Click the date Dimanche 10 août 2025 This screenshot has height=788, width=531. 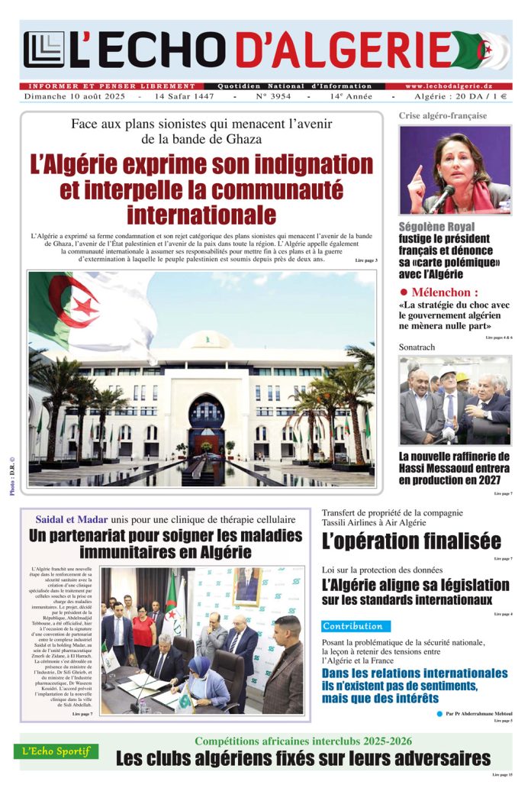coord(74,97)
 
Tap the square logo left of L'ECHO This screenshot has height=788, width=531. coord(43,50)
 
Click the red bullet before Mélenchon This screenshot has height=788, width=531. coord(404,292)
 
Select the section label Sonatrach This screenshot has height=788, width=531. coord(417,347)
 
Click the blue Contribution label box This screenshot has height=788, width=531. coord(356,626)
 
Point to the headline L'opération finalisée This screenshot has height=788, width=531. coord(411,541)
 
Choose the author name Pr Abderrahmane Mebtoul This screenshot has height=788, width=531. coord(478,713)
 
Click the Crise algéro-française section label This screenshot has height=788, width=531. coord(443,116)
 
